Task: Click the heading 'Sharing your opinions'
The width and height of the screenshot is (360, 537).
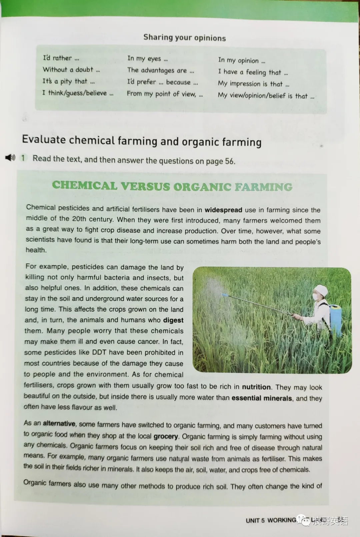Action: (184, 38)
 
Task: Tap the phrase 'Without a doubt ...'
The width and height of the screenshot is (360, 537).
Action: (71, 70)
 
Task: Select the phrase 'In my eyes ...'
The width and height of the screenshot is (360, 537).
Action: (147, 59)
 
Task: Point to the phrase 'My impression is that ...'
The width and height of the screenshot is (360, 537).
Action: (253, 84)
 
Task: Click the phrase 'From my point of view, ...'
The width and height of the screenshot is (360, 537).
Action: (165, 94)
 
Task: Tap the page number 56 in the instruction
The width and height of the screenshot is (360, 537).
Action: (229, 161)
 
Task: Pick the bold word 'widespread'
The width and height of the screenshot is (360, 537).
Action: (223, 210)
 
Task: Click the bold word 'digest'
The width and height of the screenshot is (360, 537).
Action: (173, 320)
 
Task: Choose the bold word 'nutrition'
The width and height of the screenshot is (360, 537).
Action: (256, 387)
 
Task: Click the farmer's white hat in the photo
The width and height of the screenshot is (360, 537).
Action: (322, 289)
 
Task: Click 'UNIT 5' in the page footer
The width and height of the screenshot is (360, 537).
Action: (255, 520)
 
